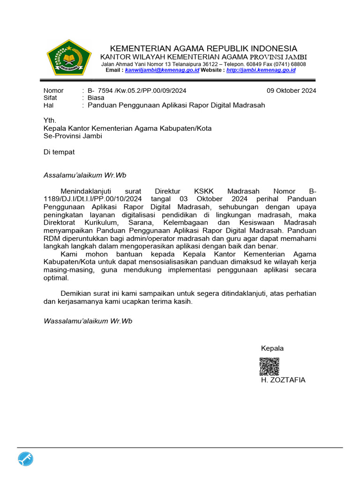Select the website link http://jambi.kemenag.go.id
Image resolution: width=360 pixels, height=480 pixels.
[261, 70]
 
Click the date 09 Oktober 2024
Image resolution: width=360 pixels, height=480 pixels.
[291, 90]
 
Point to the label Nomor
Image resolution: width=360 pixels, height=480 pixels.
[53, 90]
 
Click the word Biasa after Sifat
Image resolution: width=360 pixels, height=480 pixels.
[96, 98]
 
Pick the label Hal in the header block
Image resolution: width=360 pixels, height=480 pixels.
[49, 105]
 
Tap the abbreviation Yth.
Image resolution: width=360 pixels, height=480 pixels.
[50, 120]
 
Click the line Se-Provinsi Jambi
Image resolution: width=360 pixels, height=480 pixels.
[73, 136]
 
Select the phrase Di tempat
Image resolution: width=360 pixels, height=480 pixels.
[59, 152]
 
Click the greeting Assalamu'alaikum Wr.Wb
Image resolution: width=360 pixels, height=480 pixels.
[85, 175]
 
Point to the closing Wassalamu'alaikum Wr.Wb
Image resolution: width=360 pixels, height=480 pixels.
[88, 321]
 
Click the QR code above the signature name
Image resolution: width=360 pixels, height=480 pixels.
[270, 366]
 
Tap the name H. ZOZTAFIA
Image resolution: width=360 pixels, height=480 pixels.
[283, 380]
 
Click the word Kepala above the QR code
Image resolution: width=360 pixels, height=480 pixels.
[272, 348]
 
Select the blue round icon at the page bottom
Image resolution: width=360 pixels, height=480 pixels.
[26, 460]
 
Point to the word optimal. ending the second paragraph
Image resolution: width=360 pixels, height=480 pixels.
[56, 277]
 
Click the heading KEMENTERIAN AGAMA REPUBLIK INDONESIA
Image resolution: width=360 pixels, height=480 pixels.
[203, 49]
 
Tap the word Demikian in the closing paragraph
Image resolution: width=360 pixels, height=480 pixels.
[76, 293]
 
